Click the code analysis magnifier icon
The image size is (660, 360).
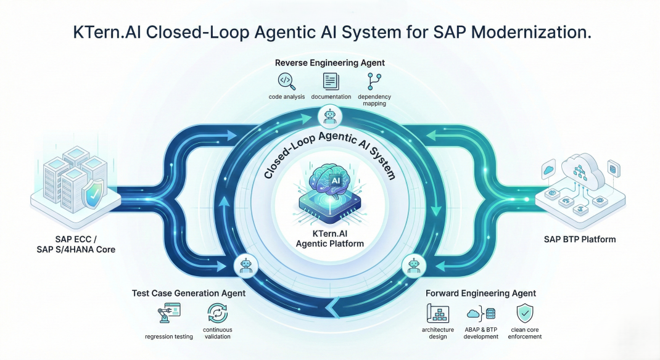[286, 81]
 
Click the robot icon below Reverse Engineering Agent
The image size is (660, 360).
[331, 115]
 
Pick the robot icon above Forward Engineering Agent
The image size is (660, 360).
[412, 266]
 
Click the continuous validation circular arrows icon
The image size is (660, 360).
[218, 313]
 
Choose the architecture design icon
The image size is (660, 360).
[437, 313]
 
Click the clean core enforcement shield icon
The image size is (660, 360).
[525, 313]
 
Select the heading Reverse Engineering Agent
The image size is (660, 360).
[330, 62]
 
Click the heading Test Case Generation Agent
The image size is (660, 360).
[189, 293]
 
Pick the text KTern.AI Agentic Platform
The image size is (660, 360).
[330, 238]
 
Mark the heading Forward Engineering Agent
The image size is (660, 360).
[481, 293]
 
